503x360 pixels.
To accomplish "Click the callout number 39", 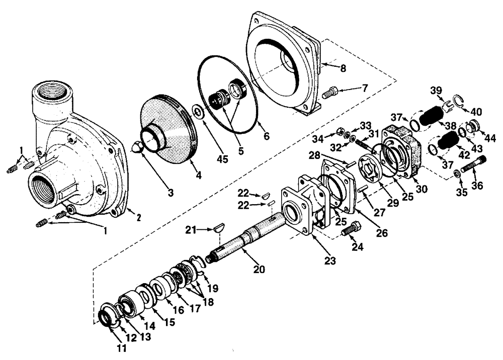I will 437,90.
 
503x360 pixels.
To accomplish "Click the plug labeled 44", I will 474,126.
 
